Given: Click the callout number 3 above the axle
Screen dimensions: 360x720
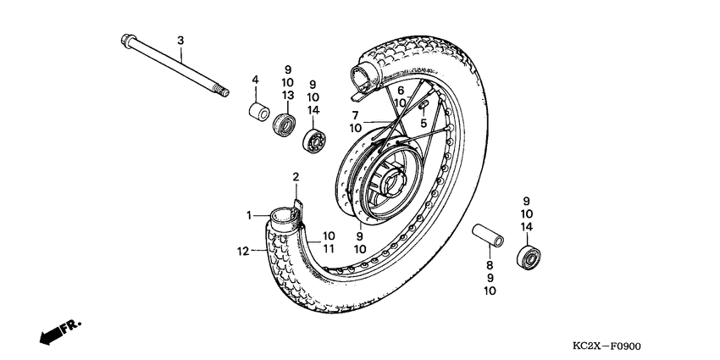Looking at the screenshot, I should [180, 41].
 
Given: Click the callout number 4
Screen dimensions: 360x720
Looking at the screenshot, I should [253, 80].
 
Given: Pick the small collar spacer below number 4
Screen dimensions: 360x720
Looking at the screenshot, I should [256, 110].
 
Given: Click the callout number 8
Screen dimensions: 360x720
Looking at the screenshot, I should [489, 264].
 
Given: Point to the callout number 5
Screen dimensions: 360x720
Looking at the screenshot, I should [424, 124].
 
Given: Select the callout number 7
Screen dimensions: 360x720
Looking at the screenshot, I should [356, 115].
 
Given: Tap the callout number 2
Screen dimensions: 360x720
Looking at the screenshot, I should [296, 176].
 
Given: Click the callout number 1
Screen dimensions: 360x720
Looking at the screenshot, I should [250, 216].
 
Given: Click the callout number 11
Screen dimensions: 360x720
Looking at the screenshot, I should [329, 248].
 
